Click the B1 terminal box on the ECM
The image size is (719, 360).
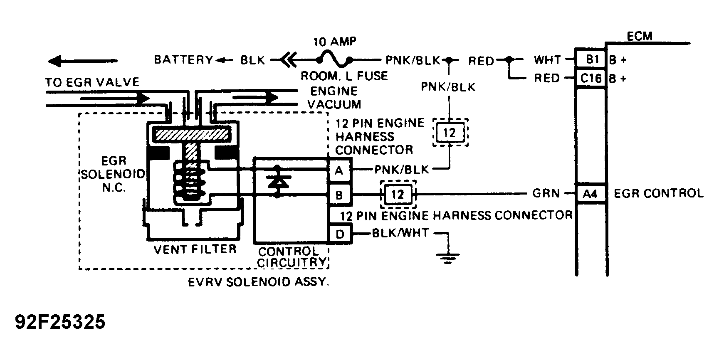click(591, 60)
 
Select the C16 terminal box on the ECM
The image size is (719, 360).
click(591, 78)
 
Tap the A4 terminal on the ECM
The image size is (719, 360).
click(591, 193)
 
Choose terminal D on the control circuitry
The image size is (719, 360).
click(340, 234)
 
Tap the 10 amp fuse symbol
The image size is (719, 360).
click(334, 60)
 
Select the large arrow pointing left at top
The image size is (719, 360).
click(82, 62)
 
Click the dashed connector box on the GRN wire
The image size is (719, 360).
click(398, 194)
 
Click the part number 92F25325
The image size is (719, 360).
click(60, 322)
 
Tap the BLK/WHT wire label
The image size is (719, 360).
click(400, 233)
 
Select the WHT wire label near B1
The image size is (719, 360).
click(548, 60)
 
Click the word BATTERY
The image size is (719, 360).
click(183, 60)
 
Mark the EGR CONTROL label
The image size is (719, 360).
click(659, 193)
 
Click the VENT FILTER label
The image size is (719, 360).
click(195, 249)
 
